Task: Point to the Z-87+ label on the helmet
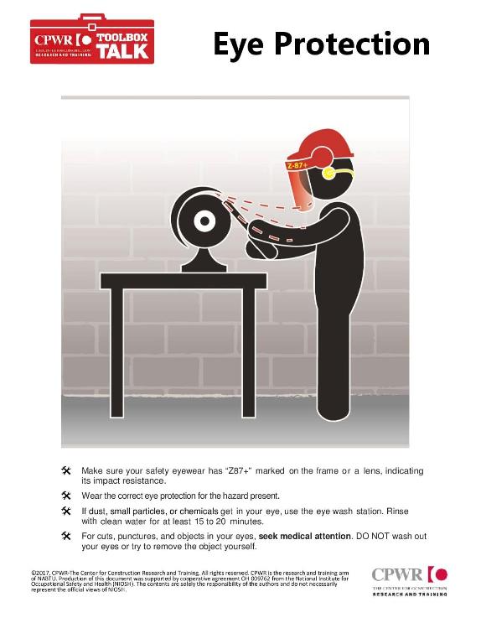297,166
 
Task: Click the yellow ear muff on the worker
328,175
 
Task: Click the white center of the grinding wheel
203,223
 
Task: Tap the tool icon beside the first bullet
66,471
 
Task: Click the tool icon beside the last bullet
66,535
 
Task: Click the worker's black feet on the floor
326,417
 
